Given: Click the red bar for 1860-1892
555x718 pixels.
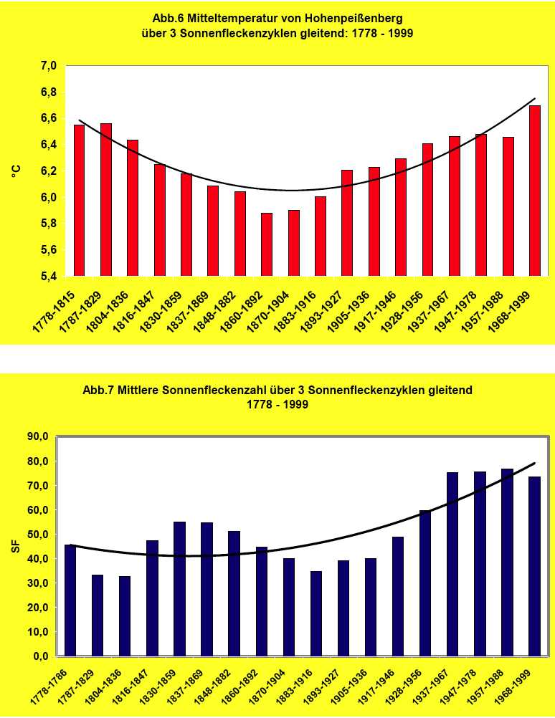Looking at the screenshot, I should click(267, 244).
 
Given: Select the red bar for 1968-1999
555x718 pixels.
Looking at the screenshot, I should click(534, 191).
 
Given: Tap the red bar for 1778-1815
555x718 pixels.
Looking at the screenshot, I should click(79, 200).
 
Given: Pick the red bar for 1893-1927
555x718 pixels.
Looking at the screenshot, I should click(347, 223).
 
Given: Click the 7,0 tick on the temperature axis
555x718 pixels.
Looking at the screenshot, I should click(48, 66).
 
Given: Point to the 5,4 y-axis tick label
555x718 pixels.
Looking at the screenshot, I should click(48, 277).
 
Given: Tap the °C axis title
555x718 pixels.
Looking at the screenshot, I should click(16, 171).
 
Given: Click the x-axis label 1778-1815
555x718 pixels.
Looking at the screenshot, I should click(57, 307).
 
